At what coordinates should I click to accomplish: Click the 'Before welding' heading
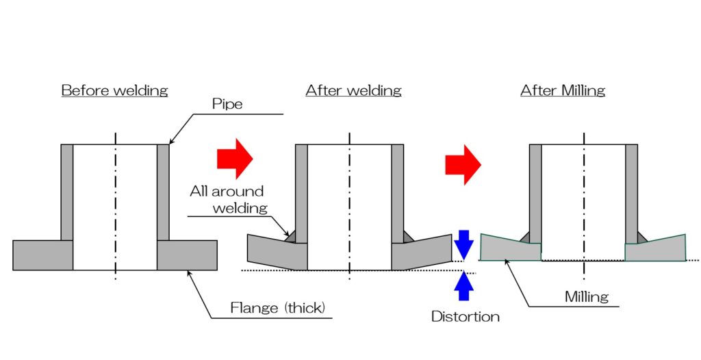114,90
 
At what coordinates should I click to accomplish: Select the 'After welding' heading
353,90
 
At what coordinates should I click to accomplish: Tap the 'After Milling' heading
562,90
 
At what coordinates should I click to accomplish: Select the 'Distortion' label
466,316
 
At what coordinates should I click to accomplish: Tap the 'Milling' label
587,296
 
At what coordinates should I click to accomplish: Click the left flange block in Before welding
42,255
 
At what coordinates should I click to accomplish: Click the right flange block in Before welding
187,255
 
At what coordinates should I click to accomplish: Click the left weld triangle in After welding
291,235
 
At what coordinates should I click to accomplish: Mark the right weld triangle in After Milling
641,237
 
